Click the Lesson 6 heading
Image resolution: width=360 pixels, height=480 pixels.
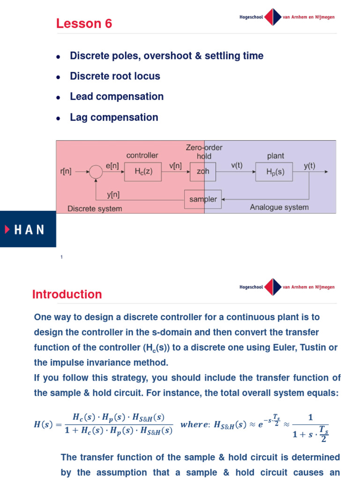84,23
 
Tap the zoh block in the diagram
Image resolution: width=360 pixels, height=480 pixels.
203,172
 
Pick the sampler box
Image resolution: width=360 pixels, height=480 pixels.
203,199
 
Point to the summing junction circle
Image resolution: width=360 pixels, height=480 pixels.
96,172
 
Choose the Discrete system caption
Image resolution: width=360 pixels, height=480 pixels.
95,209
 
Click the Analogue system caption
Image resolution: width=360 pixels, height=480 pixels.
279,207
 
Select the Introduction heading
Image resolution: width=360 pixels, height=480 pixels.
67,294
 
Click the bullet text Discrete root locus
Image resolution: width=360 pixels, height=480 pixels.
115,76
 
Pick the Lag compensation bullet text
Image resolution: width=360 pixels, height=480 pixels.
114,117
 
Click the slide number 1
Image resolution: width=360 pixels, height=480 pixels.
61,257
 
